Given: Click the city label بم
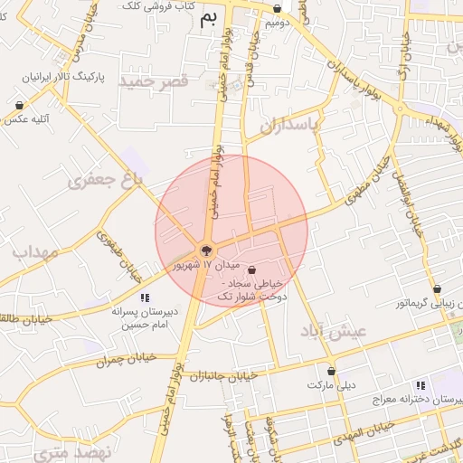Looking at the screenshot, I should point(209,18).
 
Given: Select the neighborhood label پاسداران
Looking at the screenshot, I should point(292,127).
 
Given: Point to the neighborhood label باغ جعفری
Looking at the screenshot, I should point(106,182).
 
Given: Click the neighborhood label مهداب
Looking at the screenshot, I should point(35,251).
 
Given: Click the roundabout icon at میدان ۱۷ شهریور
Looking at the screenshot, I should point(206,250).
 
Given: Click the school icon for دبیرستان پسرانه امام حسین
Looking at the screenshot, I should point(144,298).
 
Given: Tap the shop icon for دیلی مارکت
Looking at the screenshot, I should point(332,371).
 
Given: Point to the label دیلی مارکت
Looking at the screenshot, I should point(332,385).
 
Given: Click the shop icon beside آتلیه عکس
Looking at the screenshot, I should point(20,105).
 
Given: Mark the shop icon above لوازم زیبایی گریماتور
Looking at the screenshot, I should point(437,289).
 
